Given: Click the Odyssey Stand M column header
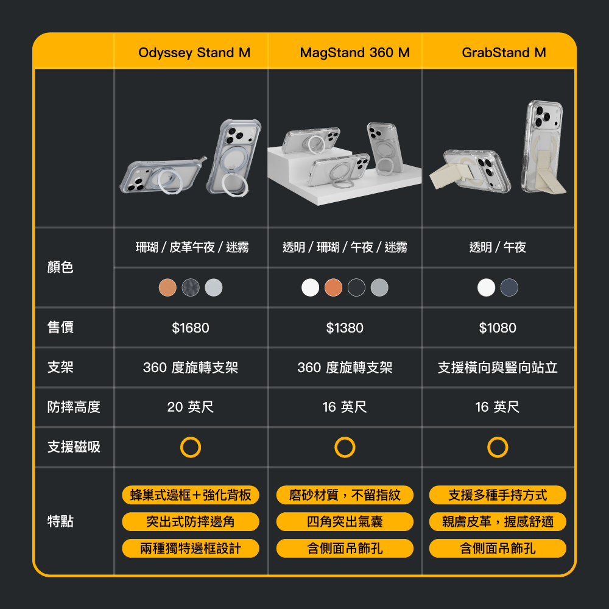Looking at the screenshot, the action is pyautogui.click(x=194, y=52).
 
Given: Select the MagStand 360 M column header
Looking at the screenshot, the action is pyautogui.click(x=354, y=52).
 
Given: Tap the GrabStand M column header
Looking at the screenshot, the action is pyautogui.click(x=504, y=52).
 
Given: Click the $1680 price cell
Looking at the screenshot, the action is pyautogui.click(x=190, y=328).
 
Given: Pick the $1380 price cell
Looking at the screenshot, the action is pyautogui.click(x=345, y=328).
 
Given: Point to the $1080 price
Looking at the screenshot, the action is pyautogui.click(x=498, y=328).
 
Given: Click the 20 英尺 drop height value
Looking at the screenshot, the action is pyautogui.click(x=190, y=407).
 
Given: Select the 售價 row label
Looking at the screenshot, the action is pyautogui.click(x=60, y=327).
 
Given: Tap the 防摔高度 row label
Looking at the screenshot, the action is pyautogui.click(x=74, y=407).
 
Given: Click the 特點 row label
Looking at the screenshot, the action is pyautogui.click(x=60, y=521).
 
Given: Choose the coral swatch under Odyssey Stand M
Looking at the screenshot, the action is pyautogui.click(x=167, y=288).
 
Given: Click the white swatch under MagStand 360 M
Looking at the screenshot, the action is pyautogui.click(x=310, y=288).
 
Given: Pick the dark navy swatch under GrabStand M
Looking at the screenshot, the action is pyautogui.click(x=509, y=288).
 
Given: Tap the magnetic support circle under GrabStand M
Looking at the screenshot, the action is pyautogui.click(x=498, y=437).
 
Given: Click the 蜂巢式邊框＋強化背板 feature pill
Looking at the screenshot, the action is pyautogui.click(x=190, y=495).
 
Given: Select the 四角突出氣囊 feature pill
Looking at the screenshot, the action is pyautogui.click(x=345, y=522).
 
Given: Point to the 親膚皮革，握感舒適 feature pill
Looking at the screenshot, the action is pyautogui.click(x=498, y=522).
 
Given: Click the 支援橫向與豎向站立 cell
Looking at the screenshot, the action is pyautogui.click(x=498, y=367).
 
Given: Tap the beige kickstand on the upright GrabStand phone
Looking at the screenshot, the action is pyautogui.click(x=549, y=171).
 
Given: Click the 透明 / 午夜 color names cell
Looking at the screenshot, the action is pyautogui.click(x=498, y=247).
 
